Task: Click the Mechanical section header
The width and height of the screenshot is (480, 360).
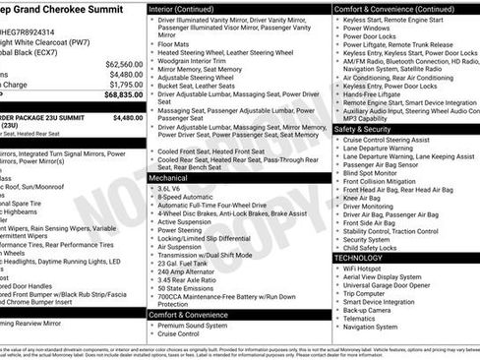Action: tap(168, 178)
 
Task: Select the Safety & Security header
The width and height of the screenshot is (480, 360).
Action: tap(367, 129)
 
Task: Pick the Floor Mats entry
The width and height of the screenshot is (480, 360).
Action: tap(171, 44)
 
